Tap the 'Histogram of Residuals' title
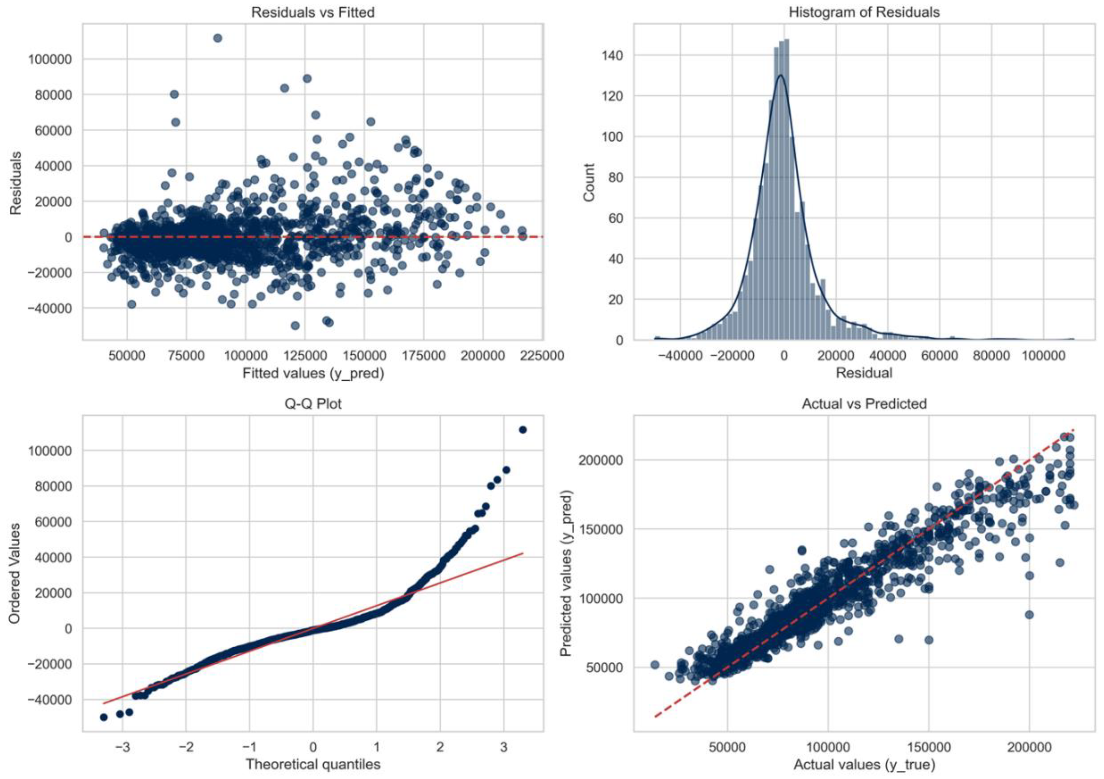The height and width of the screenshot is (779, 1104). [864, 12]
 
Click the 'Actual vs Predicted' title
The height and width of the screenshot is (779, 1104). [864, 404]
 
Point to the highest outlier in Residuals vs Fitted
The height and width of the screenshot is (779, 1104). [217, 38]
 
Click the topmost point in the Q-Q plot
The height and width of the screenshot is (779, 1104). [523, 429]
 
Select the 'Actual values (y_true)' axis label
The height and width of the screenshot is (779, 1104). [864, 764]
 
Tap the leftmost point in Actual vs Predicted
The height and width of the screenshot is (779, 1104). [655, 665]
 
